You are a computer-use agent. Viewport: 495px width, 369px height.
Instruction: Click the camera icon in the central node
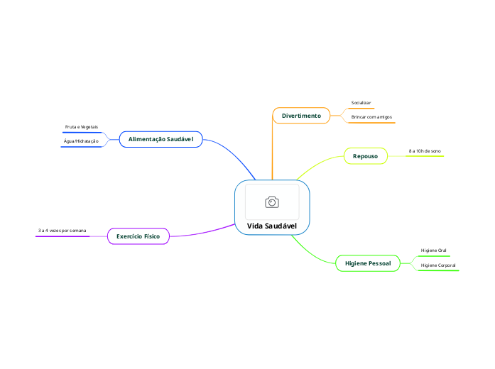[272, 202]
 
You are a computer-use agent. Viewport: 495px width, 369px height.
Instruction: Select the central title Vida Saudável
[272, 226]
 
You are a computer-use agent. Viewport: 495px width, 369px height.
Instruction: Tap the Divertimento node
[301, 116]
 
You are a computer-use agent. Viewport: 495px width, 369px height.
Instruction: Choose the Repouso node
[365, 155]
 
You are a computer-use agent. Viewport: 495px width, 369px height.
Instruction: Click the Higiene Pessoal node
[367, 263]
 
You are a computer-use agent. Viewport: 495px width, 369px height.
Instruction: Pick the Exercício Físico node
[138, 236]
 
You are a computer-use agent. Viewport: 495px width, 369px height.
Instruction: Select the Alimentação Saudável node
[161, 139]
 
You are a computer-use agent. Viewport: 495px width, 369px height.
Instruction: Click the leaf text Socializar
[361, 103]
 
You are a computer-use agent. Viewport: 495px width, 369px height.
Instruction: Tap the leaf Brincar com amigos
[371, 116]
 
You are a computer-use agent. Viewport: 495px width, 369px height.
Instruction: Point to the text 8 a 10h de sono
[425, 151]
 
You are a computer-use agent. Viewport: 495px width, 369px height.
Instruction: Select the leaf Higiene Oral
[433, 250]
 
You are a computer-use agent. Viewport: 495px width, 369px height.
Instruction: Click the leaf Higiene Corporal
[438, 265]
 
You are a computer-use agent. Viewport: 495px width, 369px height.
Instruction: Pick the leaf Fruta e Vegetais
[82, 127]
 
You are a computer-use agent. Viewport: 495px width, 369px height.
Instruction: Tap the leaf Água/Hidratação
[81, 141]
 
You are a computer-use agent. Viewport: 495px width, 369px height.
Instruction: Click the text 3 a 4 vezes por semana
[62, 231]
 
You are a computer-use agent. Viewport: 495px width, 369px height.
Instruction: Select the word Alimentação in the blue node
[146, 139]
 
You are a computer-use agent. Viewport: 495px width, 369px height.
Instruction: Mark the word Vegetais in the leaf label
[89, 127]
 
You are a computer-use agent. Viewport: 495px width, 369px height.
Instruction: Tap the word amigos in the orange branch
[383, 116]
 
